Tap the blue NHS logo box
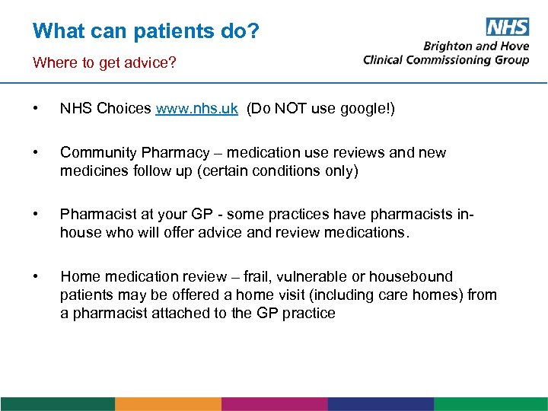pyautogui.click(x=506, y=27)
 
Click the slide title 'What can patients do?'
pyautogui.click(x=146, y=31)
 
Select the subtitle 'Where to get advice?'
pyautogui.click(x=104, y=62)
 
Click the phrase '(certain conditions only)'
pyautogui.click(x=277, y=171)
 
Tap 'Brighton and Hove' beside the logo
pyautogui.click(x=476, y=46)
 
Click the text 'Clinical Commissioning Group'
pyautogui.click(x=446, y=60)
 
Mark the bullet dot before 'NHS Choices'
pyautogui.click(x=37, y=109)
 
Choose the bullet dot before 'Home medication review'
pyautogui.click(x=37, y=276)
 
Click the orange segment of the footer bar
pyautogui.click(x=167, y=404)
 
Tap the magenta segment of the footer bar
pyautogui.click(x=274, y=404)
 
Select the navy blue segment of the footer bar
pyautogui.click(x=381, y=404)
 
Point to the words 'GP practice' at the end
pyautogui.click(x=296, y=313)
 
